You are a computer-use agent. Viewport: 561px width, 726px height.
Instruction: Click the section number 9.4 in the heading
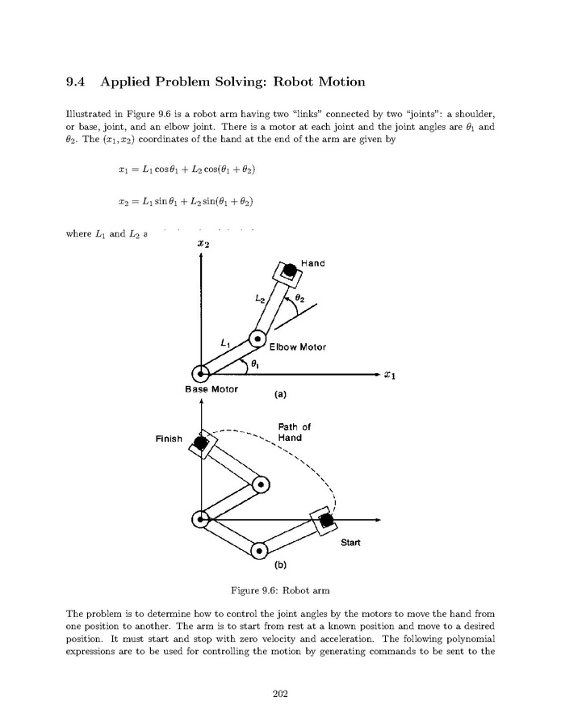[79, 82]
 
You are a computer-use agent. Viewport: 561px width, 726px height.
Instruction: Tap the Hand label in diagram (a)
[312, 263]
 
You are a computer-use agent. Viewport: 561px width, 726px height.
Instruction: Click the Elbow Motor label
[297, 347]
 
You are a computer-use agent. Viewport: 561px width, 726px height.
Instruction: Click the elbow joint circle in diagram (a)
[257, 339]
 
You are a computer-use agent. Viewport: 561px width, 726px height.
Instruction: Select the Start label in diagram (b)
[350, 543]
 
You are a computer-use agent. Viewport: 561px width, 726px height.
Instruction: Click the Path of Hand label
[291, 432]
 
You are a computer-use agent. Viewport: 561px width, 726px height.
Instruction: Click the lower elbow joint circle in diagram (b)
[258, 552]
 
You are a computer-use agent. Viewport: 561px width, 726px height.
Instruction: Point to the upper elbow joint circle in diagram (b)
[260, 485]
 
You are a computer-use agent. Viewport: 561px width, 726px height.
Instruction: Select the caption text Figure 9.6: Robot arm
[280, 589]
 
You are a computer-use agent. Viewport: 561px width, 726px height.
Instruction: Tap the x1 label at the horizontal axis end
[389, 375]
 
